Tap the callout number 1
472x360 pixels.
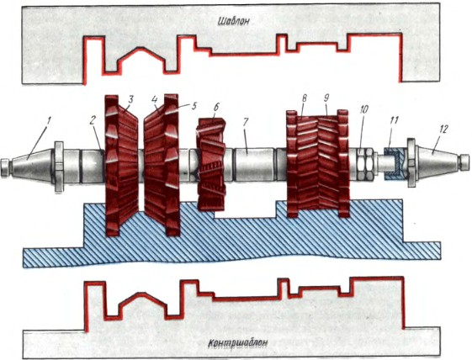(49, 123)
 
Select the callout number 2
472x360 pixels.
(93, 120)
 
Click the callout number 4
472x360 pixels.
(155, 100)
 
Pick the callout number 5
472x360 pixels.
(194, 106)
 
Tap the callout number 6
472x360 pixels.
(217, 107)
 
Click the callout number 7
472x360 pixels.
(246, 123)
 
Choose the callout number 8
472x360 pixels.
(304, 99)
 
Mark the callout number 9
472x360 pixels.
(326, 98)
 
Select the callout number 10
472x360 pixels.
(363, 109)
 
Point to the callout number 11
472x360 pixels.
(394, 120)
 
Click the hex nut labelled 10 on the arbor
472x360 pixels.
(365, 163)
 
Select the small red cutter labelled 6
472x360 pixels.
(211, 164)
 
